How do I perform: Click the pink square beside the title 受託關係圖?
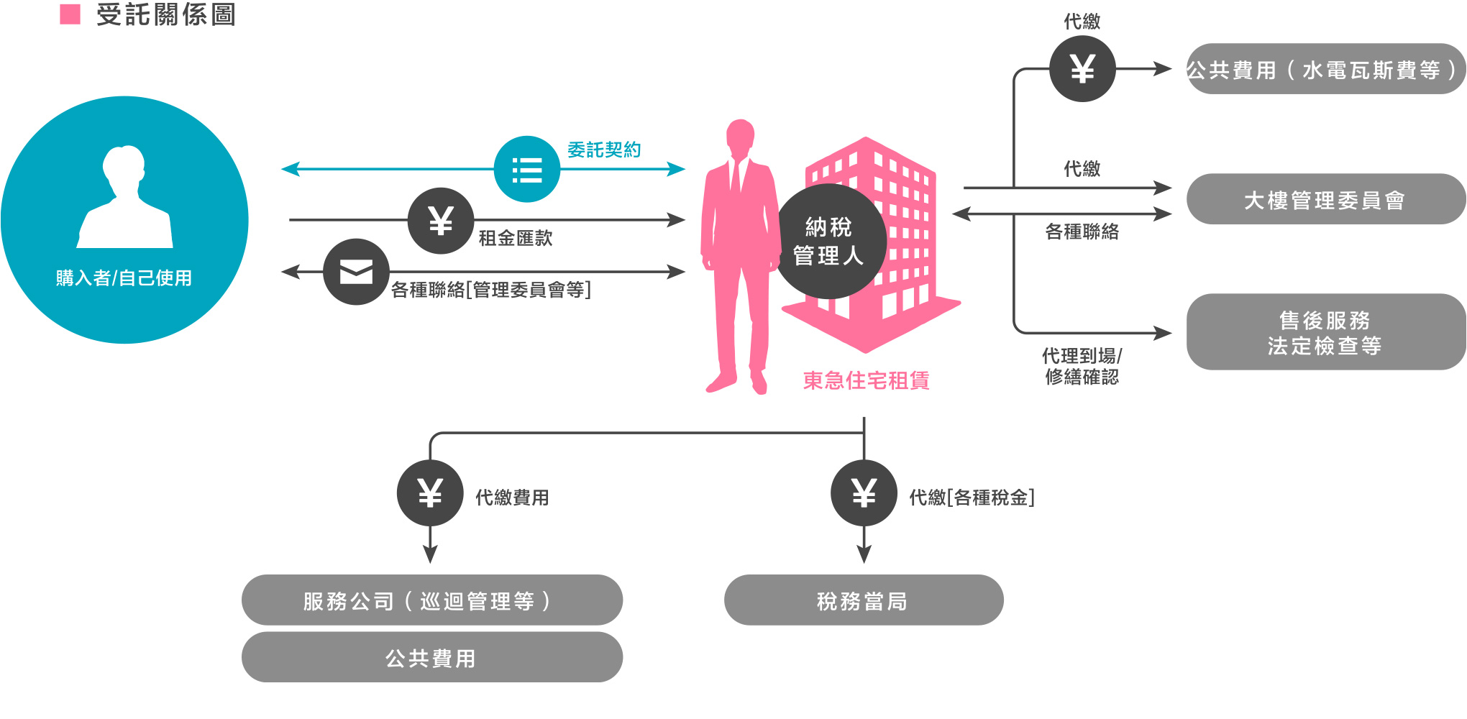pos(70,14)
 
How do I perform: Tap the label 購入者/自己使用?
pos(124,278)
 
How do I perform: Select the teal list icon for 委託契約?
pos(527,170)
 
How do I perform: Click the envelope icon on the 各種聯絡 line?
pos(356,272)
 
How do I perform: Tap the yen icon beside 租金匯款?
pos(441,221)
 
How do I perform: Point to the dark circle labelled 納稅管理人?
pos(828,242)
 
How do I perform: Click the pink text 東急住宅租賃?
pos(867,380)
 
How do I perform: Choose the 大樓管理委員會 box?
pos(1325,199)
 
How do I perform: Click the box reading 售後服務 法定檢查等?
pos(1325,331)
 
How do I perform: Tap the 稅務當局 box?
pos(864,600)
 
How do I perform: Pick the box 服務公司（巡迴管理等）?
pos(432,600)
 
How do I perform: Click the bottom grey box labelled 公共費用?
pos(432,657)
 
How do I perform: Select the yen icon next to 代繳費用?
pos(430,493)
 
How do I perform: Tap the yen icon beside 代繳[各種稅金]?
pos(864,493)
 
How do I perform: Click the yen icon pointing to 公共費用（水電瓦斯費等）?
pos(1082,69)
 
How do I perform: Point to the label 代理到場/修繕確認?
pos(1082,366)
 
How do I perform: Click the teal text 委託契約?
pos(604,150)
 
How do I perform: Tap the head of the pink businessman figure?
pos(740,135)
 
